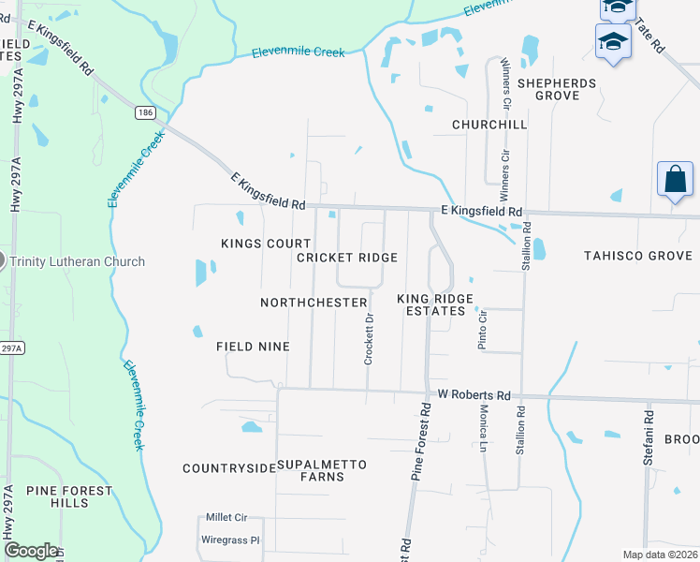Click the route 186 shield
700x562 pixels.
[145, 112]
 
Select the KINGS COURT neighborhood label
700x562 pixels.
[253, 244]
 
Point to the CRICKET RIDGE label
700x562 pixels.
[347, 258]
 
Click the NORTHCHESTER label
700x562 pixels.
[314, 303]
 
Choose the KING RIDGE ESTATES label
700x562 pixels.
[435, 304]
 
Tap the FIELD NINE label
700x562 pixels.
[253, 347]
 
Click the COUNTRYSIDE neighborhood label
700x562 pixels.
[229, 468]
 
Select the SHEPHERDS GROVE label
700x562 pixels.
[557, 90]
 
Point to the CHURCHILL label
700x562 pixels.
[489, 125]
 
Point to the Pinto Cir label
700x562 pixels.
[483, 330]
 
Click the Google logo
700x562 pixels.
[31, 551]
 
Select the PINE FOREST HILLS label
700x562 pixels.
[69, 496]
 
